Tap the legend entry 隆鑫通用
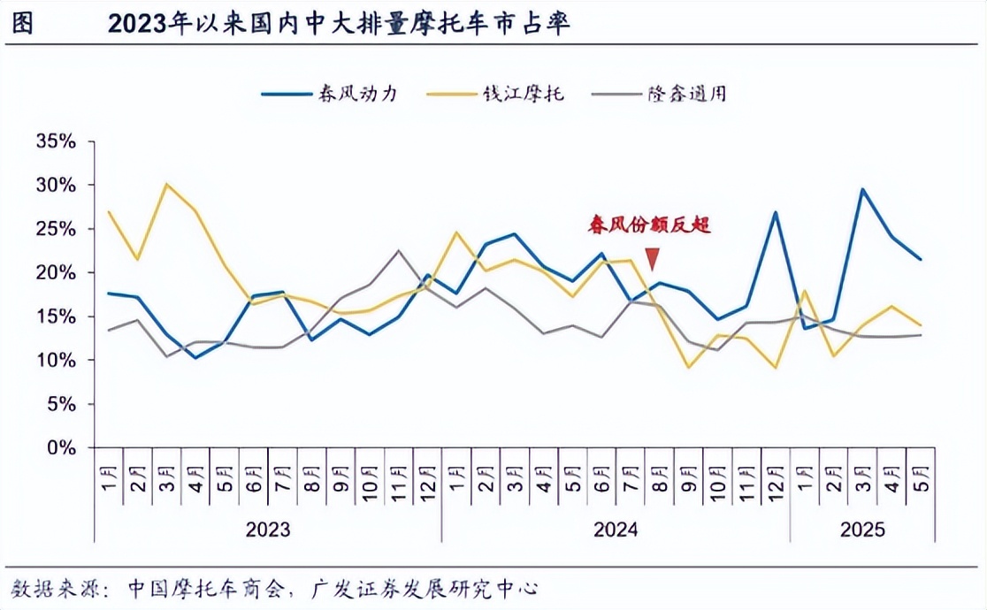[687, 93]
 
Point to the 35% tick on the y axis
[56, 141]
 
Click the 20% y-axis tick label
[56, 272]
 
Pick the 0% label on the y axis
[62, 447]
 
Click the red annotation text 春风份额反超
[650, 225]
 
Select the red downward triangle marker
[653, 259]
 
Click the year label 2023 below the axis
[268, 530]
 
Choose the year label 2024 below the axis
[616, 530]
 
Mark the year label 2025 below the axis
[862, 530]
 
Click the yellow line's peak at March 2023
[166, 184]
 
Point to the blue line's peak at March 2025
[862, 189]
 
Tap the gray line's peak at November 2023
[399, 250]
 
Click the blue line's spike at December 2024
[776, 212]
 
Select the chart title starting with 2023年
[340, 24]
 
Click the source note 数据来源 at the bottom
[273, 588]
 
